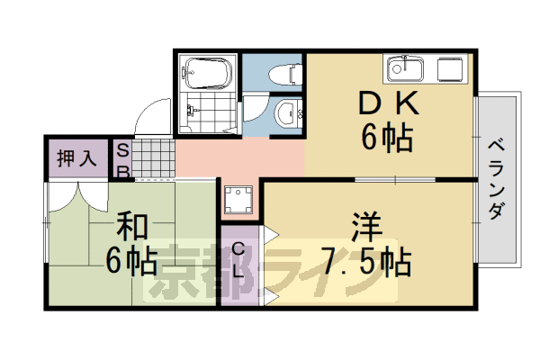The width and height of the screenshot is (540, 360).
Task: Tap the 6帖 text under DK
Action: point(388,139)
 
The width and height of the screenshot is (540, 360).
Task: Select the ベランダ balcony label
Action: point(496,180)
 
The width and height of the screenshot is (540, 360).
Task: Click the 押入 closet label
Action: point(76,160)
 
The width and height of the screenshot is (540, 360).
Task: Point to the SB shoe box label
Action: point(122,160)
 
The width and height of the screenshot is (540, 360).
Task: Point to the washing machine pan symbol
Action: point(238,199)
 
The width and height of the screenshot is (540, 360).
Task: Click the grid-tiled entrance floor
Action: point(154,160)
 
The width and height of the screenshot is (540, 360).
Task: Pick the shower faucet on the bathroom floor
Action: point(191,113)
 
